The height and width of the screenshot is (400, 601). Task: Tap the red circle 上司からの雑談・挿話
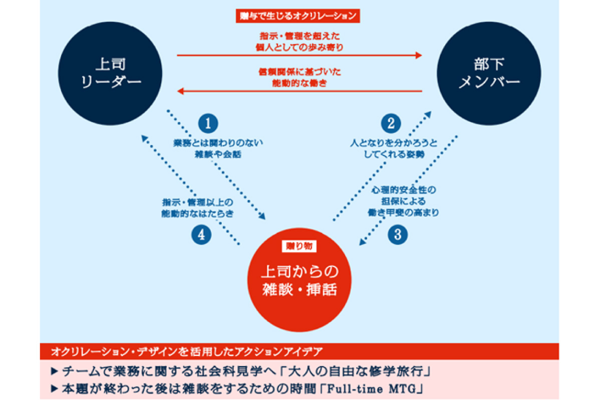coord(299,281)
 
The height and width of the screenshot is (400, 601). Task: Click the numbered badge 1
coord(208,123)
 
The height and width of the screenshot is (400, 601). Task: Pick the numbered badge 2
coord(391,123)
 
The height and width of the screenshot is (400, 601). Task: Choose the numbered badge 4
coord(201,235)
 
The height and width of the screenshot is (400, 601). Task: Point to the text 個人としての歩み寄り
coord(299,47)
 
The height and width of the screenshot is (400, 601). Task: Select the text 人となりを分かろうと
coord(393,143)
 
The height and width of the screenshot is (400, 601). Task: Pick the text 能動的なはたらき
coord(198,212)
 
